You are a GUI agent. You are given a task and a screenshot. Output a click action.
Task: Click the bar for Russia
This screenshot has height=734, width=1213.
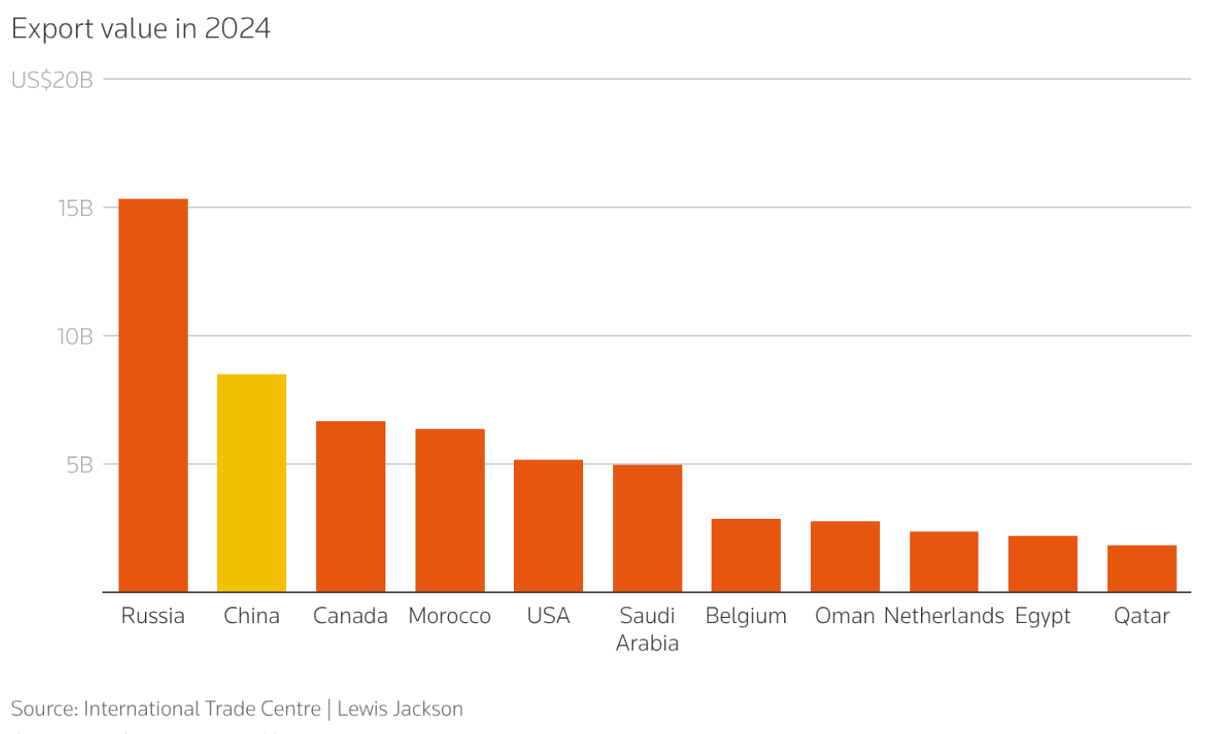point(153,395)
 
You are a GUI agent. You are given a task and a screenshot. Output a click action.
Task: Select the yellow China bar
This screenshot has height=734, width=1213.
point(251,483)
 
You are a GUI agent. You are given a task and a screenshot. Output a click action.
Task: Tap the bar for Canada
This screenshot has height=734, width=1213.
point(350,506)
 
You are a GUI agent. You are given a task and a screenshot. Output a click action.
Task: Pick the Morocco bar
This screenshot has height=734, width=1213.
point(450,510)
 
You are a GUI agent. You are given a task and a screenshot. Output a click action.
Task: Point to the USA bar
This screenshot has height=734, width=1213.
point(548,525)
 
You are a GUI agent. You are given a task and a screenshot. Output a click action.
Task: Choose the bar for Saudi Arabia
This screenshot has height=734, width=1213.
point(647,528)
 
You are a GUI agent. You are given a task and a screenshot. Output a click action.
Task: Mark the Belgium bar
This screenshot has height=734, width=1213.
point(746,556)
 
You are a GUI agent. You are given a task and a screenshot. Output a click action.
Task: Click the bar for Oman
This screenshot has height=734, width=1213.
point(845,556)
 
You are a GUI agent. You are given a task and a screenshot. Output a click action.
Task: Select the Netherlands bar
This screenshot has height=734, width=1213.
point(944,561)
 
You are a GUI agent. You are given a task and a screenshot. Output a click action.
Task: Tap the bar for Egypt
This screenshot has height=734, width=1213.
point(1043,564)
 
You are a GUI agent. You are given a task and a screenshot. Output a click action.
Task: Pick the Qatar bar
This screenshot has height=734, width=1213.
point(1141,569)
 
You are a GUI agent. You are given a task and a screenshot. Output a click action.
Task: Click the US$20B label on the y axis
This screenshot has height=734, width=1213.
point(52,80)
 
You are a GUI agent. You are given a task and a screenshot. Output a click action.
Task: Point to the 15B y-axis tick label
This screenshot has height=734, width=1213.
point(75,209)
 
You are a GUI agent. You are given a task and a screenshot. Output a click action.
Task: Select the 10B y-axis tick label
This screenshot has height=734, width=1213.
point(74,337)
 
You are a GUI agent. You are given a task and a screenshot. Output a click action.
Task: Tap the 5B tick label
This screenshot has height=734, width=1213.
point(79,465)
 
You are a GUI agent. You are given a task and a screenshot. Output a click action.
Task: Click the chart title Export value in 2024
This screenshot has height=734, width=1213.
point(141,29)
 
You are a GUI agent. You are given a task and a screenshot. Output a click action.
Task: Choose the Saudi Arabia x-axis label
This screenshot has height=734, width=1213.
point(647,629)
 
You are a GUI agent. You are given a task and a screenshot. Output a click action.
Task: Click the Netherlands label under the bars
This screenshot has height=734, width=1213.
point(944,616)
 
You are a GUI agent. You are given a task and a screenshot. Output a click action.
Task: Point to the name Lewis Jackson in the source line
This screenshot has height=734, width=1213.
point(400,709)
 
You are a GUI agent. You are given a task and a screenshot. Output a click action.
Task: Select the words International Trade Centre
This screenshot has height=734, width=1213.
point(202,709)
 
